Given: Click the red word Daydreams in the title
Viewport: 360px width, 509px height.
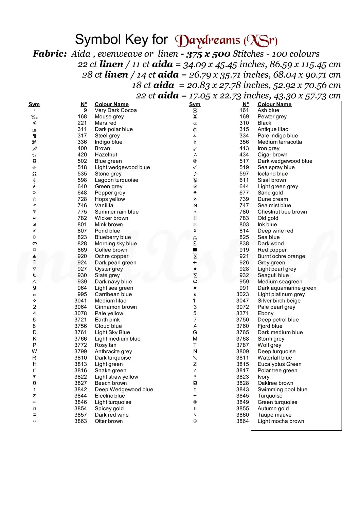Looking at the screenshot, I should (x=208, y=41).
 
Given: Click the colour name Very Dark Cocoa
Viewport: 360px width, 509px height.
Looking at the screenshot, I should (x=115, y=110).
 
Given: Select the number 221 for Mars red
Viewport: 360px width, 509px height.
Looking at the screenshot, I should (x=82, y=123).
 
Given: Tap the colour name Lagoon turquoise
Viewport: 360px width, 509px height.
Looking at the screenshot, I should (x=116, y=180).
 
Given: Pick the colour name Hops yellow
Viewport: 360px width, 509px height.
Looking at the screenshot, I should (x=110, y=199).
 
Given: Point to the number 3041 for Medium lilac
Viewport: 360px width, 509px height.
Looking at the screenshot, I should (x=80, y=301).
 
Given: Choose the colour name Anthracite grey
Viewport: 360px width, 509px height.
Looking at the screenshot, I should (x=113, y=352).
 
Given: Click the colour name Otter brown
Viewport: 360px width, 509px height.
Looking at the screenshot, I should (x=109, y=421).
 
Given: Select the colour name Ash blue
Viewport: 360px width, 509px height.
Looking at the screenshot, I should (x=268, y=110).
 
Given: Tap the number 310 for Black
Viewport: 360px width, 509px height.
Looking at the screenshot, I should (x=244, y=123).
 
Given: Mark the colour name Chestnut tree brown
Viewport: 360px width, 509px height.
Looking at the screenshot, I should (x=282, y=212).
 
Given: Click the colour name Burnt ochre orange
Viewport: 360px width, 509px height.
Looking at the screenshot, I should (x=281, y=256).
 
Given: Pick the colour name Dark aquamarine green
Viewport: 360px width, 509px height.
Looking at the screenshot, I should (x=287, y=288).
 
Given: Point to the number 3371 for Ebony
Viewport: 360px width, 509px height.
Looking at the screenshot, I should (x=242, y=314).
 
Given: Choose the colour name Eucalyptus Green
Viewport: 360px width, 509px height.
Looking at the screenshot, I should (x=279, y=364).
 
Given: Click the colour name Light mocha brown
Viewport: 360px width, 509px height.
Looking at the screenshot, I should (x=281, y=421).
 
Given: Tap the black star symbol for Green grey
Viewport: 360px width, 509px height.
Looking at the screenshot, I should (x=34, y=186).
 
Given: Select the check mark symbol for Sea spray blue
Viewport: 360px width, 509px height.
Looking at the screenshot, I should (x=195, y=167).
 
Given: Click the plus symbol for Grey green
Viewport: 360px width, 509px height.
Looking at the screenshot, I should (x=195, y=263).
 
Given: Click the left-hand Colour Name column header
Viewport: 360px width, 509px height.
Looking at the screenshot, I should (x=111, y=104).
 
